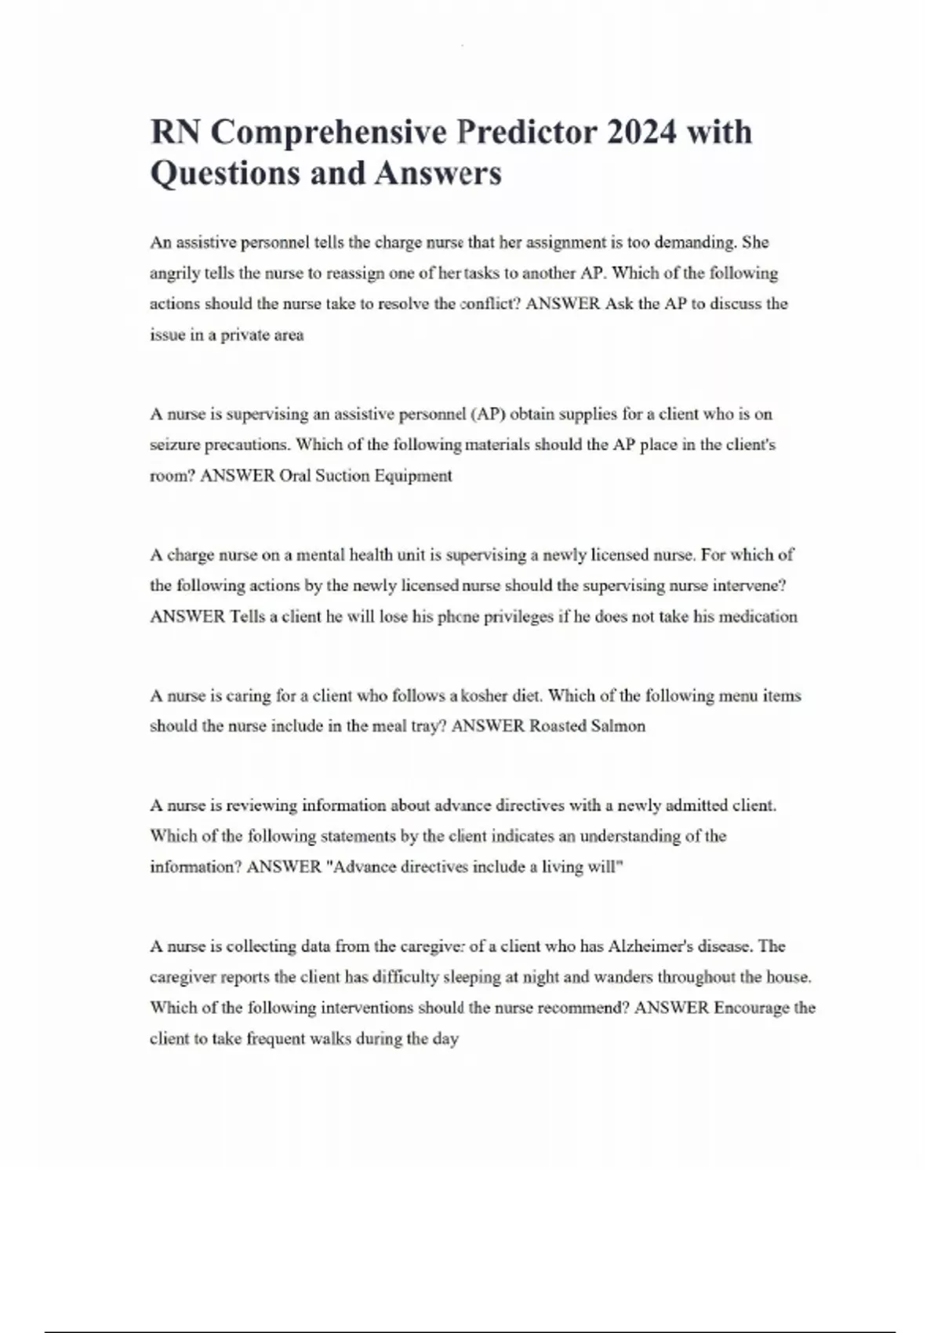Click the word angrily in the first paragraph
pos(175,274)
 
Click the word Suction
pos(343,476)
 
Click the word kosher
pos(485,696)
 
